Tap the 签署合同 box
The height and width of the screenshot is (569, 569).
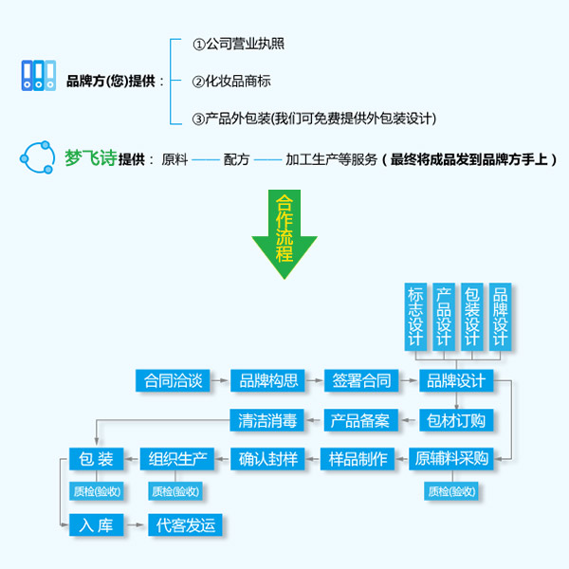pyautogui.click(x=362, y=381)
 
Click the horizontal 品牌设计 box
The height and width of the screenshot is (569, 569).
pyautogui.click(x=456, y=381)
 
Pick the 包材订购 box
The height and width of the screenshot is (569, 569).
pyautogui.click(x=456, y=419)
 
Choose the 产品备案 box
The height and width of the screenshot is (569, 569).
pyautogui.click(x=362, y=419)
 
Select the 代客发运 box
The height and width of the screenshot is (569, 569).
pyautogui.click(x=190, y=523)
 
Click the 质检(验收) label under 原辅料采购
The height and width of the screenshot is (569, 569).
pyautogui.click(x=451, y=491)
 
